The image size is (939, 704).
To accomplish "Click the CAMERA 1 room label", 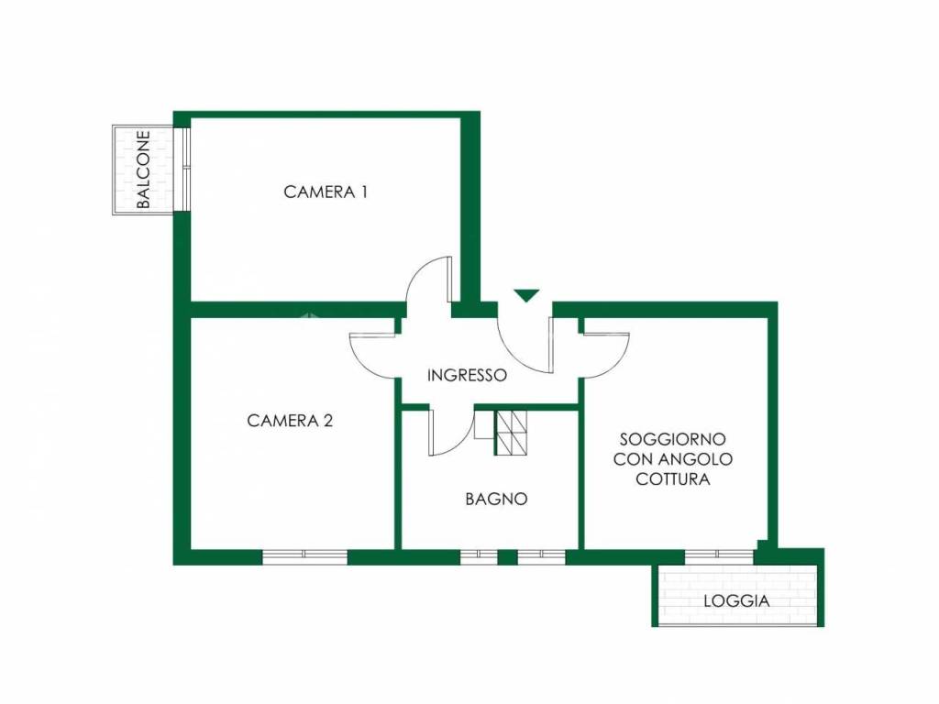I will tap(326, 192).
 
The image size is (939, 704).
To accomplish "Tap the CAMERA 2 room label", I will tap(290, 421).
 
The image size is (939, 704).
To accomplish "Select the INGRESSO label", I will tap(467, 375).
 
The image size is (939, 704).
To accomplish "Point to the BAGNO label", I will tap(496, 500).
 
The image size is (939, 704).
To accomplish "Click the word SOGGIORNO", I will tap(673, 439).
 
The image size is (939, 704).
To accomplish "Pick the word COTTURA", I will tap(673, 479).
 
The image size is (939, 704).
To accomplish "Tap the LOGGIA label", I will tap(736, 602).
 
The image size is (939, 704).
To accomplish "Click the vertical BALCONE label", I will tap(143, 170).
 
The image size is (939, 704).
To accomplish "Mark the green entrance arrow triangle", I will tap(526, 295).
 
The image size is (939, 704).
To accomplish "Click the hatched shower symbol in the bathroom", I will tap(512, 433).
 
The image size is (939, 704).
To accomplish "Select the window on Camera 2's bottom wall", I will tap(304, 555).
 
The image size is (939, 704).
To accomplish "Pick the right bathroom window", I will tap(541, 555).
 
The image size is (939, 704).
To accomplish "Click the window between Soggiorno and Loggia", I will tap(719, 555).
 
